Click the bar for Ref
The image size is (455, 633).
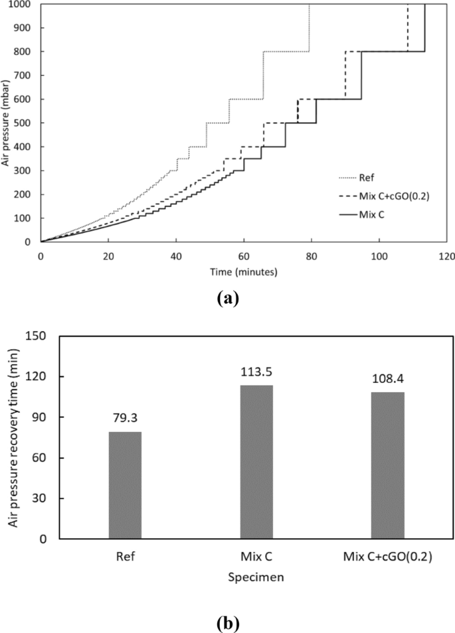point(125,485)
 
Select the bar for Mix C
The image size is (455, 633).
point(256,462)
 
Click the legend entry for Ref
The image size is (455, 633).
point(366,177)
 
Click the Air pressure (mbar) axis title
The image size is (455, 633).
point(6,122)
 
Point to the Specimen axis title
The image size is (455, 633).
point(256,577)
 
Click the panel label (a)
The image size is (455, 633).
point(227,298)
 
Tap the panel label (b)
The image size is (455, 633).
point(227,624)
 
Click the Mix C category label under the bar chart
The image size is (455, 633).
point(256,557)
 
